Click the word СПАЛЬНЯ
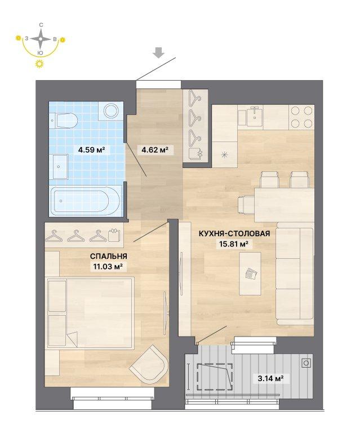(x=108, y=257)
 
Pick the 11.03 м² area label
(x=106, y=267)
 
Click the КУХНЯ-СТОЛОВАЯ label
(x=234, y=233)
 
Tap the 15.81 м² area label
(x=234, y=244)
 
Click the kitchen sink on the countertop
(x=254, y=117)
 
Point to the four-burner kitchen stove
(x=302, y=117)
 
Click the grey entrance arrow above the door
(x=159, y=52)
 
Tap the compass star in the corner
(x=41, y=39)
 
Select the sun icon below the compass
(x=40, y=64)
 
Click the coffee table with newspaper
(x=250, y=273)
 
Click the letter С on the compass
(x=41, y=25)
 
